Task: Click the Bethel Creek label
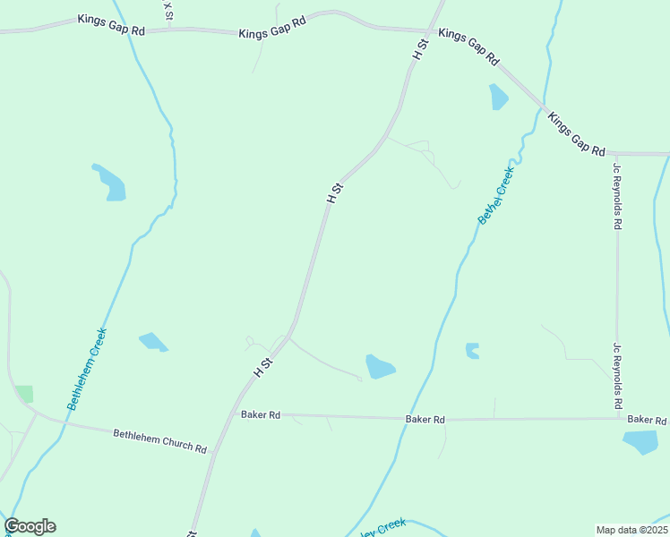pyautogui.click(x=496, y=195)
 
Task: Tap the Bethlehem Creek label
pyautogui.click(x=87, y=369)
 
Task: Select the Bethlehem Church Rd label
pyautogui.click(x=159, y=440)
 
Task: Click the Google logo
pyautogui.click(x=30, y=526)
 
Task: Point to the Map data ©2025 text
pyautogui.click(x=631, y=530)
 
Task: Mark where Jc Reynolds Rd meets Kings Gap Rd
pyautogui.click(x=616, y=154)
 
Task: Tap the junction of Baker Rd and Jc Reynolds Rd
pyautogui.click(x=617, y=418)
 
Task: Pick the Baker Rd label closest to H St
pyautogui.click(x=261, y=415)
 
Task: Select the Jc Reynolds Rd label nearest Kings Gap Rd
pyautogui.click(x=616, y=196)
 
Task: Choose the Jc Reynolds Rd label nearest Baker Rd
pyautogui.click(x=617, y=376)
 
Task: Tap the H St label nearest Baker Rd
pyautogui.click(x=262, y=365)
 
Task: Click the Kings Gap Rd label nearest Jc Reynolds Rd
pyautogui.click(x=576, y=134)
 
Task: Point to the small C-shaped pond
pyautogui.click(x=472, y=351)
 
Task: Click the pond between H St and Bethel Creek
pyautogui.click(x=380, y=366)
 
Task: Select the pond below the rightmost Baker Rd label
pyautogui.click(x=640, y=441)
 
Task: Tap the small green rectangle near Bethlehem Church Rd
pyautogui.click(x=24, y=394)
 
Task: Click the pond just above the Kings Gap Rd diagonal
pyautogui.click(x=498, y=97)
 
